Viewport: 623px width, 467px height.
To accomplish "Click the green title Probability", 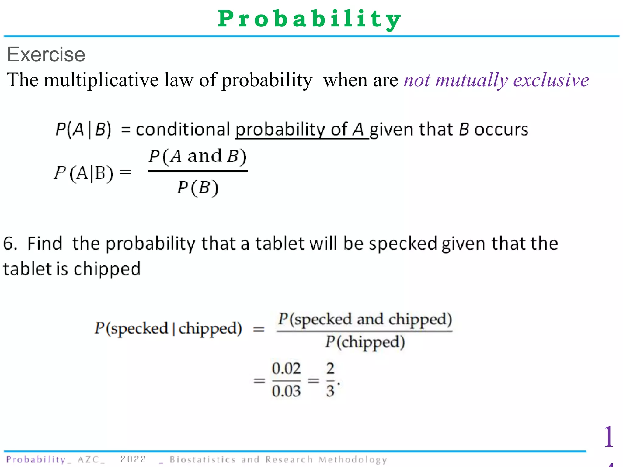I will coord(310,19).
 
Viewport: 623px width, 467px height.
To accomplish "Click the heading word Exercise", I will coord(46,55).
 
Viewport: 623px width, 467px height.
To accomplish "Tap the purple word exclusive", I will coord(551,80).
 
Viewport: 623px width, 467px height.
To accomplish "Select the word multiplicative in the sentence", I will coord(101,80).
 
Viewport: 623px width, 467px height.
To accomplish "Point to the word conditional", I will coord(183,130).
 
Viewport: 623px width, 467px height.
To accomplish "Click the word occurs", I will coord(501,130).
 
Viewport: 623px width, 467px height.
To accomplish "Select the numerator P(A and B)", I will coord(197,157).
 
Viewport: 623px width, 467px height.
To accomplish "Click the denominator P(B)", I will coord(198,187).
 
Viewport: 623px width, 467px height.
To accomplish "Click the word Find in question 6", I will coord(45,244).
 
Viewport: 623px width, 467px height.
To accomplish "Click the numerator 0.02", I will coord(286,368).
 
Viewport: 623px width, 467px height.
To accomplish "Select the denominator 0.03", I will coord(286,391).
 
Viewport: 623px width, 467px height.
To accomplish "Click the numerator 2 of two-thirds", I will coord(330,368).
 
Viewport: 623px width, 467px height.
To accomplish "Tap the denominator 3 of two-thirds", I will coord(330,391).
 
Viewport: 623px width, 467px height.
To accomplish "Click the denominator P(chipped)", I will coord(365,342).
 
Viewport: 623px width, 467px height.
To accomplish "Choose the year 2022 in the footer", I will coord(133,459).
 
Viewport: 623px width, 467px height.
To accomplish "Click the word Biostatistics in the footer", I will coord(203,459).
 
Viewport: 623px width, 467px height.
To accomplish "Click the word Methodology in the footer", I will coord(353,459).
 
